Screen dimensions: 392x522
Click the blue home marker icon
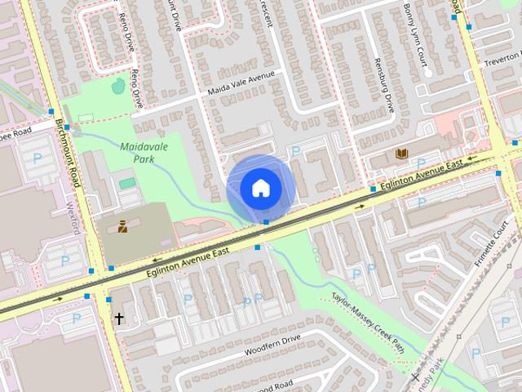(260, 188)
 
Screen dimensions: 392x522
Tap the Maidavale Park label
(137, 153)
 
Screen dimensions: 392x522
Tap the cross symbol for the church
(118, 318)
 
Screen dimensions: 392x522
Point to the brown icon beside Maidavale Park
(122, 226)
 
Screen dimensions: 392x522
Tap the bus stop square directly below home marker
(267, 222)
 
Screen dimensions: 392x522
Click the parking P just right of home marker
(296, 151)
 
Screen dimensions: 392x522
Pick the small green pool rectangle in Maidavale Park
(127, 184)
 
